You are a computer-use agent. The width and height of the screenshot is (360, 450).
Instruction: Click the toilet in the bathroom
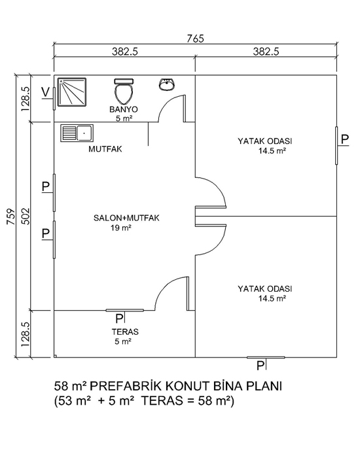coord(124,91)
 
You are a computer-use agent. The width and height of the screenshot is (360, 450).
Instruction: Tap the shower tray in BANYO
coord(72,92)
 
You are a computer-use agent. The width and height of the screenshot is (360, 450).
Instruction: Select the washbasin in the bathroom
coord(166,84)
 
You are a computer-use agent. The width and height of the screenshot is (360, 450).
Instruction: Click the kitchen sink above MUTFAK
coord(77,133)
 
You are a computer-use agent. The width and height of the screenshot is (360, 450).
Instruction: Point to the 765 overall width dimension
coord(195,39)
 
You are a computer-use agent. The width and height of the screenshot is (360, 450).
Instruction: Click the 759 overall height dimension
coord(11,216)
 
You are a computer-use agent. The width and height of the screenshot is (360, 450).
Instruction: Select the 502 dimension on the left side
coord(26,216)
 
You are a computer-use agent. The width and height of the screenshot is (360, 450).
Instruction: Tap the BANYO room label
coord(124,109)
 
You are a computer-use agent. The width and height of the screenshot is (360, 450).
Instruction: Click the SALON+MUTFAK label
coord(126,218)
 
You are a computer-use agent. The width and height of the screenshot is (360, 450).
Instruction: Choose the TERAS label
coord(125,332)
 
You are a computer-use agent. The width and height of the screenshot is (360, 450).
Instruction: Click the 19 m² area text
coord(121,228)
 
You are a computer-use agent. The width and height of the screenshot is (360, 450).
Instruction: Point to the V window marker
coord(45,92)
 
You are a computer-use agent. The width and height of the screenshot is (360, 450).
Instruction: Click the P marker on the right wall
coord(345,139)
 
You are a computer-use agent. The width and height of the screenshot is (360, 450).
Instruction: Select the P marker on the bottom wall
coord(261,366)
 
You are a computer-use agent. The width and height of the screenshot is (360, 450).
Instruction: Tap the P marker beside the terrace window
coord(119,319)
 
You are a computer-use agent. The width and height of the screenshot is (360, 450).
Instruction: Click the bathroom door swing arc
coord(169,104)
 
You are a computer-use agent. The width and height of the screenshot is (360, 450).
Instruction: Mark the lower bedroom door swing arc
coord(217,244)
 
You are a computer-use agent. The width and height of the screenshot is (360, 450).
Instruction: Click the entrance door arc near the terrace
coord(165,287)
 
